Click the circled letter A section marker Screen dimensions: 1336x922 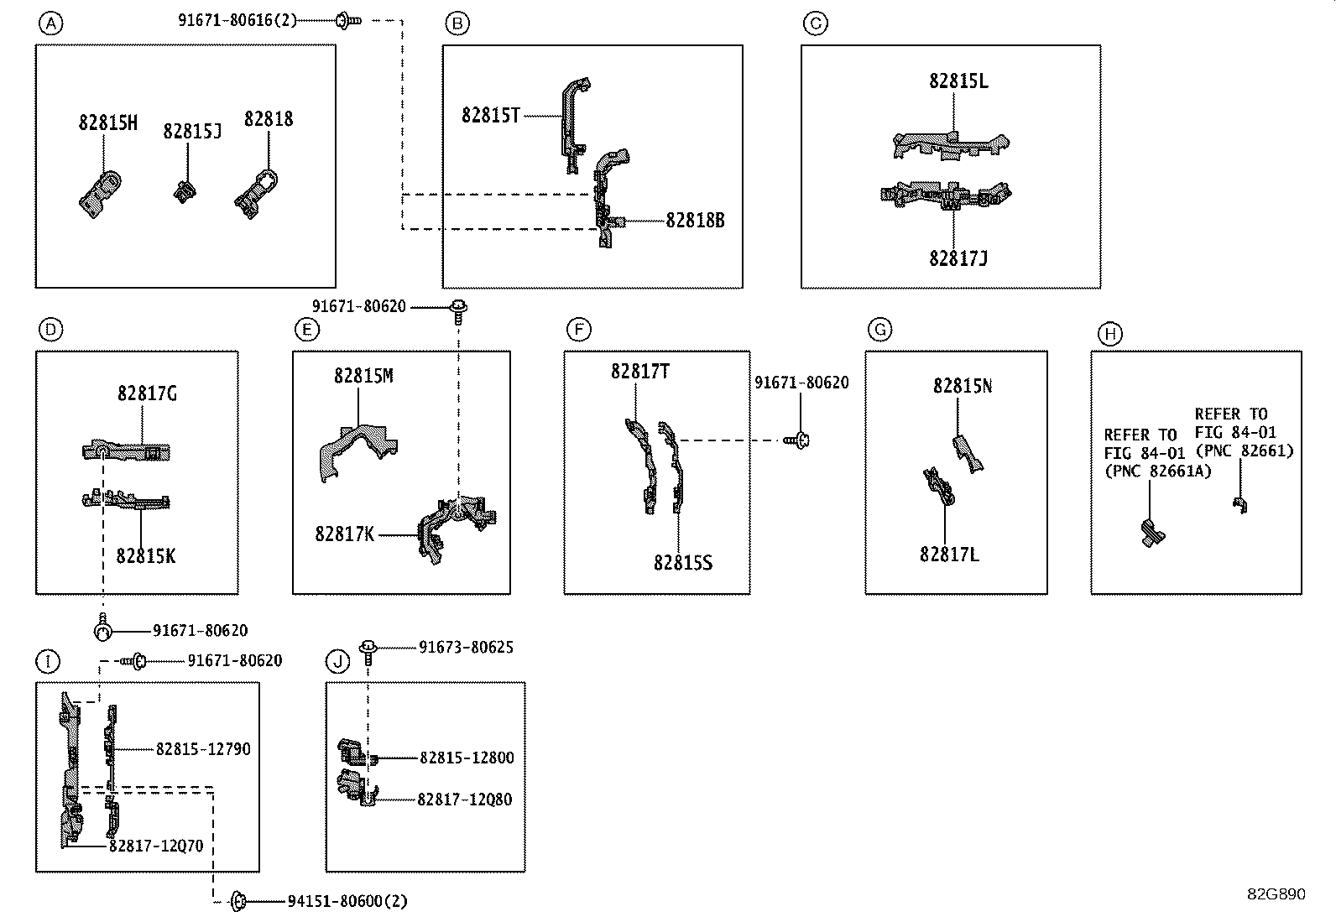[x=50, y=23]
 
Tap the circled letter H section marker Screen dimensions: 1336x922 [x=1110, y=334]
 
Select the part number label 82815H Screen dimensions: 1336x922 [x=108, y=122]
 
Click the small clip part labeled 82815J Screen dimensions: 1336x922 [x=185, y=192]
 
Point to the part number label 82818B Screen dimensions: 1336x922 [x=695, y=221]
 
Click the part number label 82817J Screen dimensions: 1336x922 [x=958, y=258]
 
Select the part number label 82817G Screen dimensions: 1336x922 [x=148, y=393]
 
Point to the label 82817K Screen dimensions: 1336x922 [x=345, y=534]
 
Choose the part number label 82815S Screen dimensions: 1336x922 [x=683, y=562]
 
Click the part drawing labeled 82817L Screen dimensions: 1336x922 [x=939, y=487]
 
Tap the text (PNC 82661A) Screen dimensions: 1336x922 [x=1157, y=471]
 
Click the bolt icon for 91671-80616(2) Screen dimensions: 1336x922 [x=348, y=21]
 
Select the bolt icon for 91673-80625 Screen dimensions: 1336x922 [x=368, y=653]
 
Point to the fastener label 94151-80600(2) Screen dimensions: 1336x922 [x=347, y=900]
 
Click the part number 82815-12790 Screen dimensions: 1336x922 [x=203, y=749]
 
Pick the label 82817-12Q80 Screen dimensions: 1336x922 [x=465, y=800]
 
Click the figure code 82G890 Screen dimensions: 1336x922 [x=1276, y=894]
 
